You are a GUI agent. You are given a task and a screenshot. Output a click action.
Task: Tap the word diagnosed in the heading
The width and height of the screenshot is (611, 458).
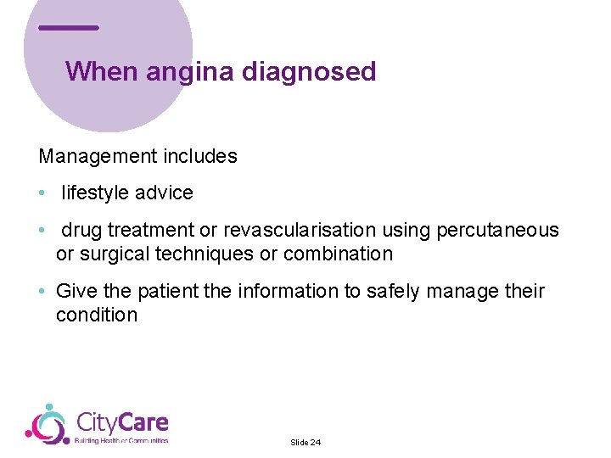(x=309, y=72)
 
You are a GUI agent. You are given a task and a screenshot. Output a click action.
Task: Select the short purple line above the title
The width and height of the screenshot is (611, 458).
(x=69, y=28)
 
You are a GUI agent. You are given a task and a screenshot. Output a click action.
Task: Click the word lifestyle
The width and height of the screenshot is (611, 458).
(x=92, y=193)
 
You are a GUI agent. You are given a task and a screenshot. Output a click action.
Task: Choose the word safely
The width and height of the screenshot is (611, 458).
(x=394, y=292)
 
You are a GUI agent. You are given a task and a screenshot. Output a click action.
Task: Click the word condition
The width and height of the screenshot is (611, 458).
(x=97, y=316)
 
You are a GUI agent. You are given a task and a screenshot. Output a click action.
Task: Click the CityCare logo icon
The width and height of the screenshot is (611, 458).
(x=46, y=424)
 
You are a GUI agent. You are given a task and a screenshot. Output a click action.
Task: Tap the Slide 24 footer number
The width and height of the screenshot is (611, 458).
(x=305, y=443)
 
